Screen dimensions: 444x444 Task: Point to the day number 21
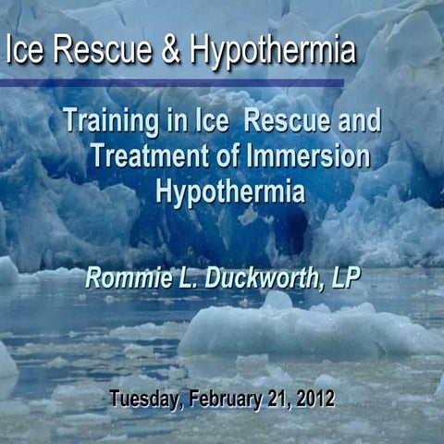pos(273,400)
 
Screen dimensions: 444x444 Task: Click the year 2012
pos(313,400)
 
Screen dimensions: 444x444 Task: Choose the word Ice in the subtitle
pos(211,120)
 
